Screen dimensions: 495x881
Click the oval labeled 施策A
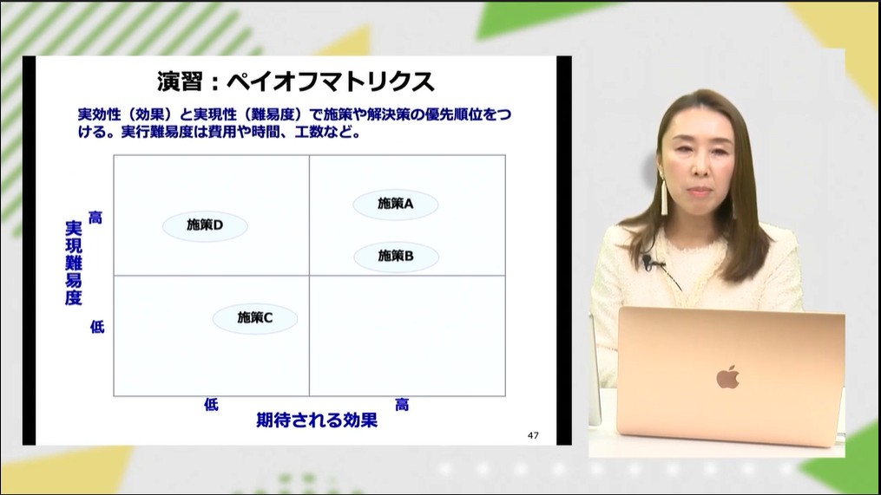click(396, 205)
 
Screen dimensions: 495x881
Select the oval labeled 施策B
click(396, 257)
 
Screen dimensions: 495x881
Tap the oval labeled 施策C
click(255, 318)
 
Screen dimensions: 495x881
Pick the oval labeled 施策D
click(206, 225)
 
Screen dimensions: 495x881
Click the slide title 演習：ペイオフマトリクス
click(295, 82)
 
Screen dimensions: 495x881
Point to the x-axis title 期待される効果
click(317, 421)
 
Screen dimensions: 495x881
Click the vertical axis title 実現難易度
click(74, 263)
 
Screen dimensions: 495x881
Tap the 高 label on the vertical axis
click(95, 218)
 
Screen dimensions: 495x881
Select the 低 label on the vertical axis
click(97, 327)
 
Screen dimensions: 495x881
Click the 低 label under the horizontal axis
click(211, 405)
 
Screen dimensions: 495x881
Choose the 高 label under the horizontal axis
click(402, 405)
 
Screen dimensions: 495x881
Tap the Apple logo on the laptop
click(727, 377)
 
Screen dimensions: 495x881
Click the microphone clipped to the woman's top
click(648, 261)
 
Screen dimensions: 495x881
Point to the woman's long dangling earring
click(664, 198)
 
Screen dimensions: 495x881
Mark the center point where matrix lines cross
click(309, 276)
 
